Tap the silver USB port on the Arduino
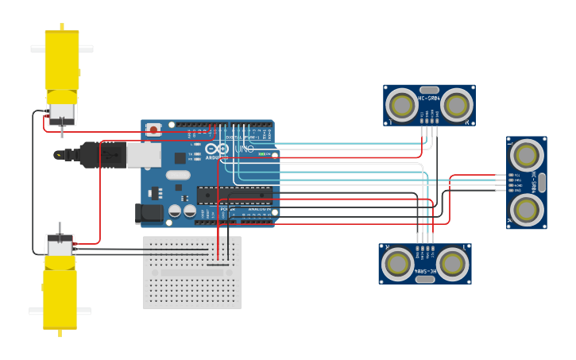click(144, 155)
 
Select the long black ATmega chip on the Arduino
click(234, 195)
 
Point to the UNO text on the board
click(244, 149)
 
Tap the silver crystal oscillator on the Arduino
click(179, 175)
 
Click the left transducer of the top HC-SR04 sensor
click(401, 106)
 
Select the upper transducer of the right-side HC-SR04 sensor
click(526, 154)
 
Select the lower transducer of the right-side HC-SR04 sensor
click(526, 209)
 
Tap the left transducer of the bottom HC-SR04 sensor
click(397, 264)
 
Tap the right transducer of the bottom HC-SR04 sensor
click(452, 264)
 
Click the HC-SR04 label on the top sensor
click(429, 99)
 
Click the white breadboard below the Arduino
click(191, 273)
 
